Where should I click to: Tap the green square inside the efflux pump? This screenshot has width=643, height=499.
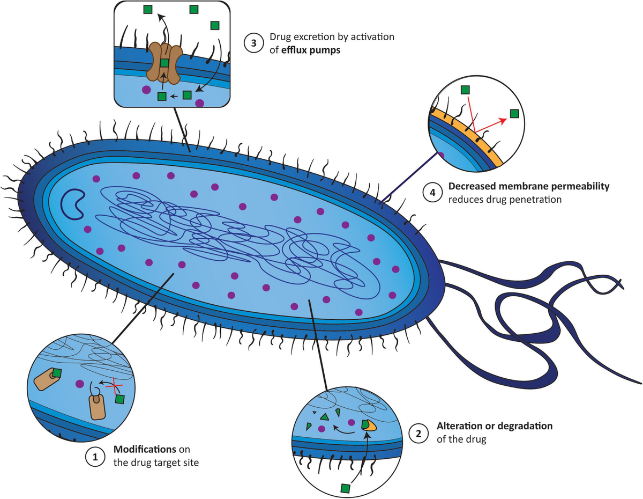pos(165,63)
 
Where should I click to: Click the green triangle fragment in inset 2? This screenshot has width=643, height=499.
pos(324,416)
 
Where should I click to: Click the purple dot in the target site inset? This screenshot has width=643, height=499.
pos(80,384)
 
